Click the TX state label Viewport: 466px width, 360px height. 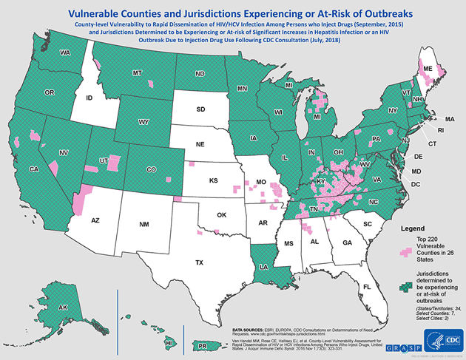[199, 262]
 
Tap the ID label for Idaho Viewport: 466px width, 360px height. [89, 98]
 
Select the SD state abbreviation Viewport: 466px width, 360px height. [200, 109]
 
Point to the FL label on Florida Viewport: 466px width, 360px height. [365, 286]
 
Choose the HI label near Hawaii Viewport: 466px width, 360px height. [169, 343]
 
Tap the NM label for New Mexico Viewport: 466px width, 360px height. [143, 224]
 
